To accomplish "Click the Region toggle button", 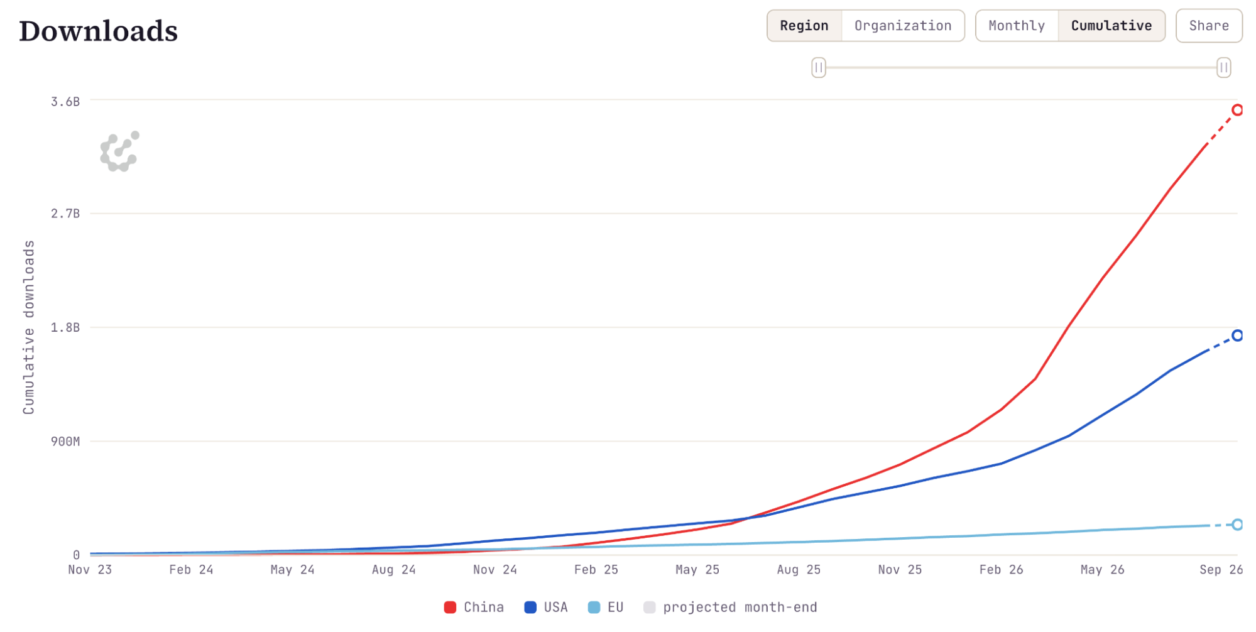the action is (804, 26).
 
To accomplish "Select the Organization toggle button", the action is (903, 26).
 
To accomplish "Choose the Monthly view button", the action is (1017, 26).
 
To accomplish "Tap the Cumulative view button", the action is (1111, 26).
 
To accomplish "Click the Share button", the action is (1209, 26).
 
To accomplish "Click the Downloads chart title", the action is (99, 31).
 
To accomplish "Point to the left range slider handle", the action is (818, 67).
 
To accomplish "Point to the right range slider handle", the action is (1223, 67).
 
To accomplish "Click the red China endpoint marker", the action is (1237, 110).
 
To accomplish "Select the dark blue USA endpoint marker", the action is (1237, 335).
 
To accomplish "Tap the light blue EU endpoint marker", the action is (1237, 525).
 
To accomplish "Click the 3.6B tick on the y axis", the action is (65, 102).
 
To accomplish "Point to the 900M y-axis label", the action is (65, 442).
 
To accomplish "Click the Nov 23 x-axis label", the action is (90, 570).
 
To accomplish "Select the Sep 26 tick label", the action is (1221, 570).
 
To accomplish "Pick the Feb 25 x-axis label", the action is (596, 570).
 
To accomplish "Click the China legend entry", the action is (474, 607).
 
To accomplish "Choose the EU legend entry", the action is (606, 607).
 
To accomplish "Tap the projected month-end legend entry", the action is (730, 607).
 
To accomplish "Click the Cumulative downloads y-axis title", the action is (29, 327).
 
